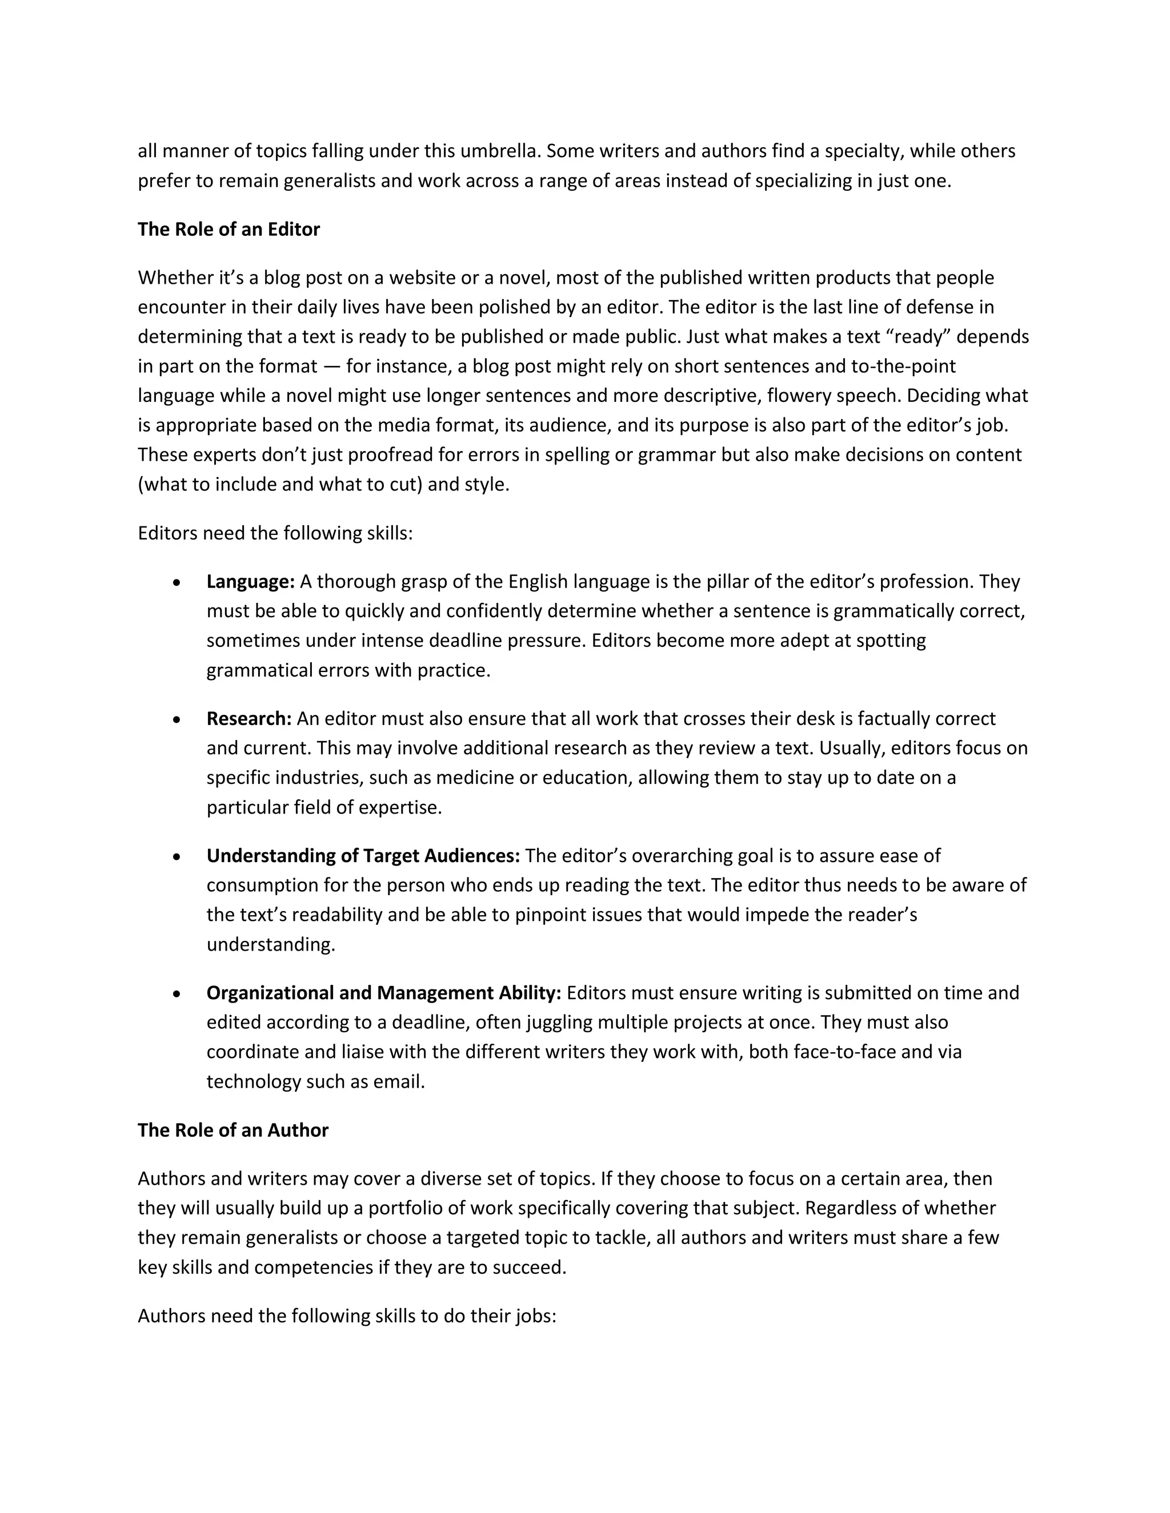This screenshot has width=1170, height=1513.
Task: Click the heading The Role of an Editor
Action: point(228,230)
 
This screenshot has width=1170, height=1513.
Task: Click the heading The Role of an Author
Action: point(233,1130)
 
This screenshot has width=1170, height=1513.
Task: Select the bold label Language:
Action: point(250,581)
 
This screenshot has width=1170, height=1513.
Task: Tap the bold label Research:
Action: point(249,718)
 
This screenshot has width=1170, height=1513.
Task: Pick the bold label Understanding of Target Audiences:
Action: point(363,856)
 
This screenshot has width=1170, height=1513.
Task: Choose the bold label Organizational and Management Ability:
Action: point(383,993)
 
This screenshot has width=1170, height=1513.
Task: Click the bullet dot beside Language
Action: point(178,582)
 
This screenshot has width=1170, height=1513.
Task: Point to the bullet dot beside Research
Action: point(178,720)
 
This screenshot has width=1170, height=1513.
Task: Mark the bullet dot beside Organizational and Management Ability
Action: point(178,994)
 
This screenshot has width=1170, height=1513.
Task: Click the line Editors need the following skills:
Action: point(275,533)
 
